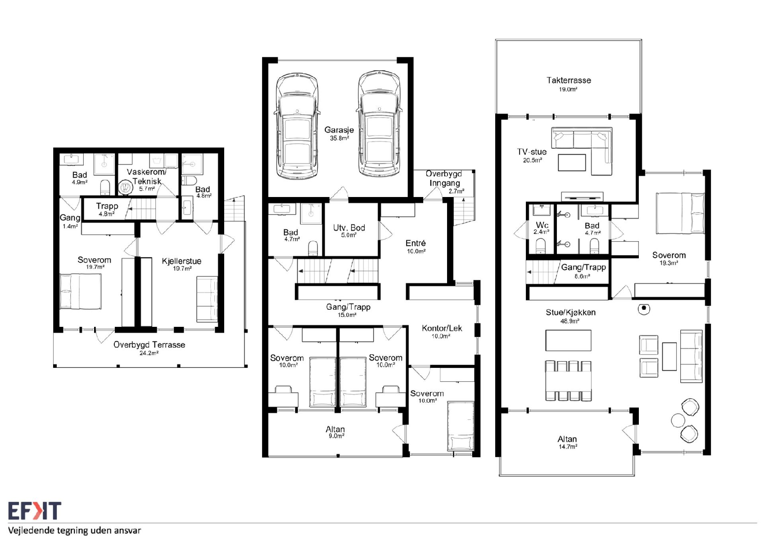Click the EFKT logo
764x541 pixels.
(35, 511)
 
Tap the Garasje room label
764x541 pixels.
(339, 130)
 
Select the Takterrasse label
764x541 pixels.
(569, 80)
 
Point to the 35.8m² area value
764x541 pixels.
(339, 138)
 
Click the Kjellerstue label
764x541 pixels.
(181, 261)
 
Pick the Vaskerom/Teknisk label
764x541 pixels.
(147, 177)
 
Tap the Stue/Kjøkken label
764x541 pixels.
(570, 312)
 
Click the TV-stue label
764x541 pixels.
(532, 151)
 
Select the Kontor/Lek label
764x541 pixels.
(442, 328)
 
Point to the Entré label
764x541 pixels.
(416, 243)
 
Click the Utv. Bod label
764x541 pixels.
(349, 228)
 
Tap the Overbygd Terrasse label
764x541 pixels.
(149, 344)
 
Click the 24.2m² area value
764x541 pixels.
(149, 353)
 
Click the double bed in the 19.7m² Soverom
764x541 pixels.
(81, 291)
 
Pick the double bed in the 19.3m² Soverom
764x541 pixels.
(680, 213)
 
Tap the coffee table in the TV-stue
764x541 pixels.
(572, 163)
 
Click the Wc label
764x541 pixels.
(542, 225)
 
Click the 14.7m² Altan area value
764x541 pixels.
(568, 447)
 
